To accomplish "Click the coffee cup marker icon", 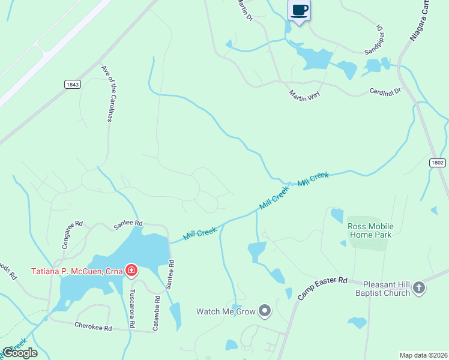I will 300,10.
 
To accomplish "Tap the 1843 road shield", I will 73,85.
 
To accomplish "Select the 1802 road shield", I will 438,163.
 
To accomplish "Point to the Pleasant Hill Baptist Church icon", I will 419,289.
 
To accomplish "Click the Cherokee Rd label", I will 93,328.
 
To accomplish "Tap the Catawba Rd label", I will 156,312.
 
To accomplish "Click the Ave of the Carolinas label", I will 107,94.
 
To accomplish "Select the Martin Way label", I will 304,95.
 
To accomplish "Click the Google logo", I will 19,353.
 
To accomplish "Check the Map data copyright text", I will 423,355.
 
